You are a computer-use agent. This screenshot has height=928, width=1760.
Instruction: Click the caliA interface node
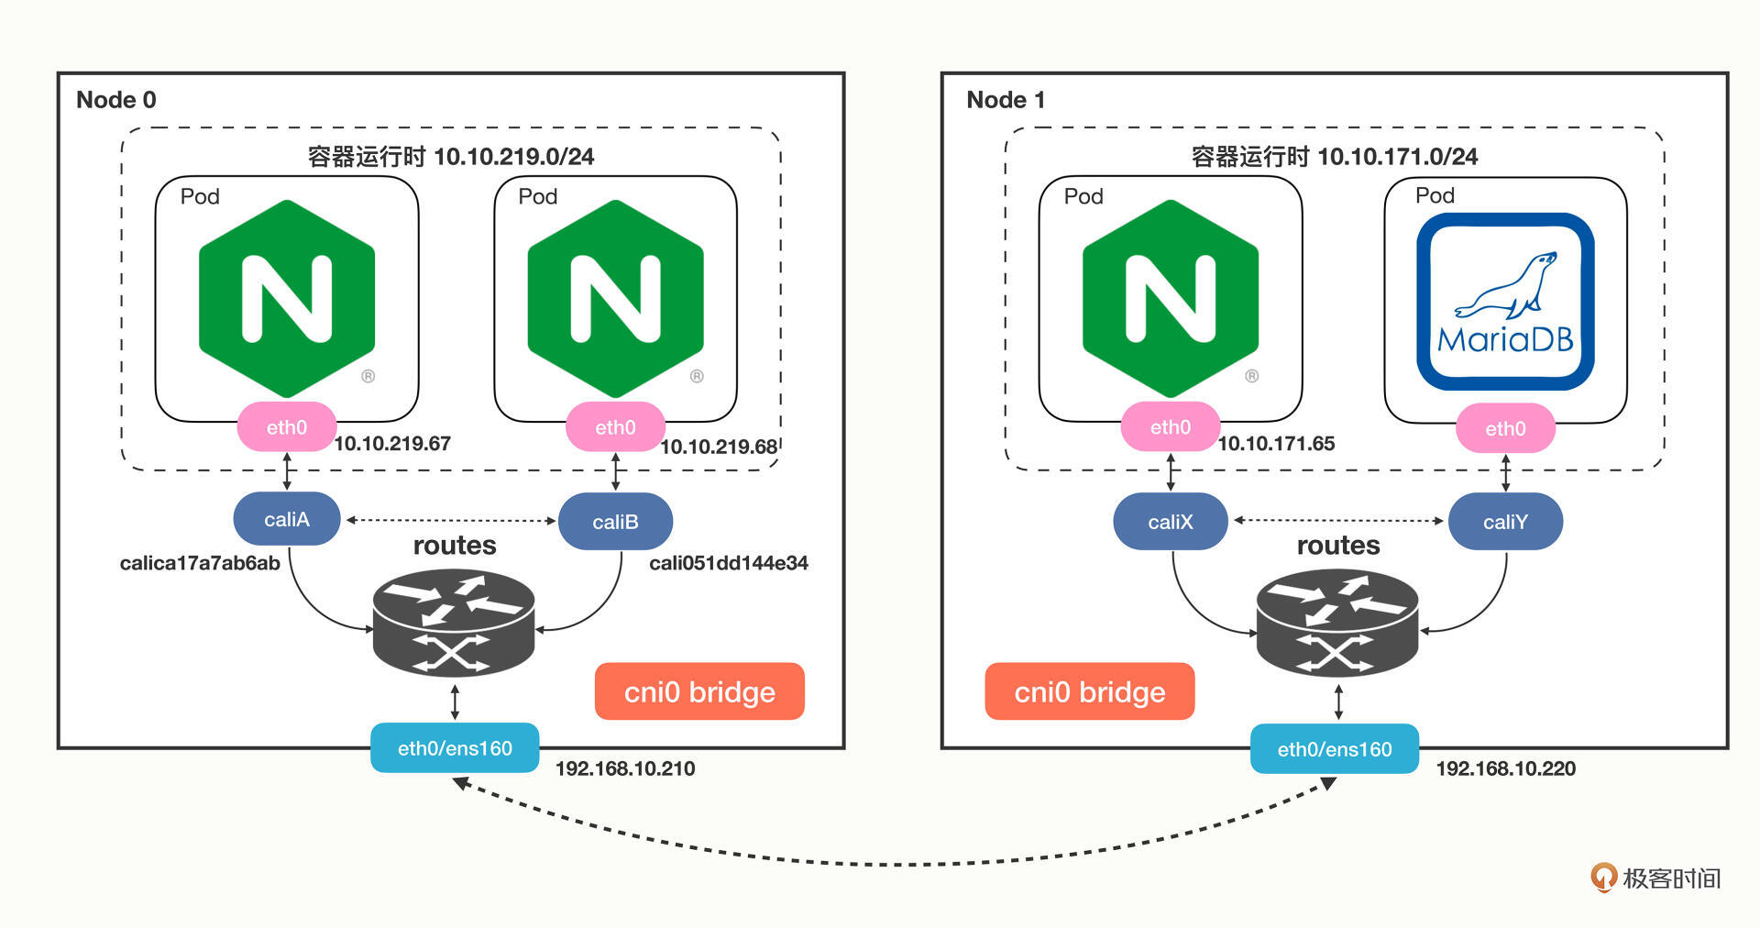pyautogui.click(x=287, y=519)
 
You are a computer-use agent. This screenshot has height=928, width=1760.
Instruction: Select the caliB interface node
pyautogui.click(x=615, y=522)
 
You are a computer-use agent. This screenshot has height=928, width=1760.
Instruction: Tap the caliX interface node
pyautogui.click(x=1170, y=522)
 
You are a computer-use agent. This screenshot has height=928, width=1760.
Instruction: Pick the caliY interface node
pyautogui.click(x=1505, y=522)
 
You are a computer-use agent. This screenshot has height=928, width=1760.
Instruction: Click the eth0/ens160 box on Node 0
pyautogui.click(x=455, y=748)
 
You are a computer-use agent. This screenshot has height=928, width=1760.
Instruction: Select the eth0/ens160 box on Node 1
pyautogui.click(x=1335, y=749)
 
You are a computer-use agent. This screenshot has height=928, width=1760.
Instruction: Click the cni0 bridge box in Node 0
pyautogui.click(x=699, y=691)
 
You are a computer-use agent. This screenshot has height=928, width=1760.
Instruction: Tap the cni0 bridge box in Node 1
pyautogui.click(x=1089, y=691)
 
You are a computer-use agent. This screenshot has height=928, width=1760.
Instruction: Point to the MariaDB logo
pyautogui.click(x=1505, y=302)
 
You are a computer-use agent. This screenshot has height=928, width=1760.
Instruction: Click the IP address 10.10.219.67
pyautogui.click(x=392, y=444)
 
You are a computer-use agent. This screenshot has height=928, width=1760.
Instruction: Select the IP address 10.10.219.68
pyautogui.click(x=719, y=447)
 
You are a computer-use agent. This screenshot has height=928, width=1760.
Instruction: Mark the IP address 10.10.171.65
pyautogui.click(x=1276, y=444)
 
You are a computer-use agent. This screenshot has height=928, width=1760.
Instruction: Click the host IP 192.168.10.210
pyautogui.click(x=625, y=768)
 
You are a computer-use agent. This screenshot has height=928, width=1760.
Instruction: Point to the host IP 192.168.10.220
pyautogui.click(x=1505, y=768)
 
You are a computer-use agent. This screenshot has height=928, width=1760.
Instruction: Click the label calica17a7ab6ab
pyautogui.click(x=200, y=563)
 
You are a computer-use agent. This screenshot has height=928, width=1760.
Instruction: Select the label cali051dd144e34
pyautogui.click(x=729, y=563)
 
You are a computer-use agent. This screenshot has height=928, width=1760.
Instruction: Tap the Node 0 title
pyautogui.click(x=116, y=99)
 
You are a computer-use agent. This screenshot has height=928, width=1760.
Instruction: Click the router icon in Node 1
pyautogui.click(x=1337, y=622)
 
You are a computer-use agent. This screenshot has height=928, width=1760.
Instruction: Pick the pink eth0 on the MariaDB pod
pyautogui.click(x=1505, y=428)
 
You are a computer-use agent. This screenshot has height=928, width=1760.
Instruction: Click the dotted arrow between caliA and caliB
pyautogui.click(x=451, y=520)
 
